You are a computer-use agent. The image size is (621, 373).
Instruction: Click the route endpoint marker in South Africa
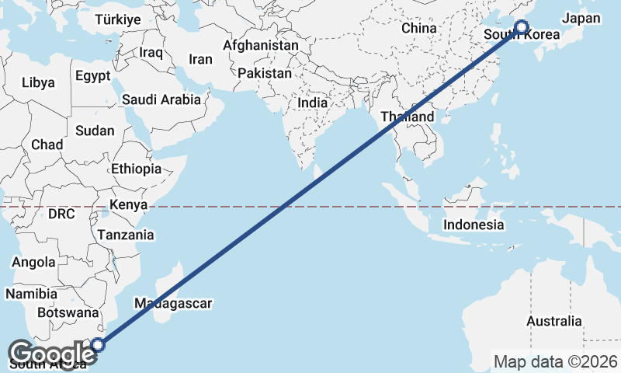98,345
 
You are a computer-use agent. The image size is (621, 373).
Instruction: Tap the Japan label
582,18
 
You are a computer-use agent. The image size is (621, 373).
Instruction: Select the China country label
420,28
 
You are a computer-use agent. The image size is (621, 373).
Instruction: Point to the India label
313,103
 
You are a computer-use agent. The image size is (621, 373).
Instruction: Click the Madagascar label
173,303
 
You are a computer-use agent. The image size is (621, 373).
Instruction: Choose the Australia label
553,321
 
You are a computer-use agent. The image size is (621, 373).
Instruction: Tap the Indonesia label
474,225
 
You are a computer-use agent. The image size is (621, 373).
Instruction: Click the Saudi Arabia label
161,99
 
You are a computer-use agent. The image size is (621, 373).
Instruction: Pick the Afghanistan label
260,46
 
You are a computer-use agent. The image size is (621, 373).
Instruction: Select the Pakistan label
265,73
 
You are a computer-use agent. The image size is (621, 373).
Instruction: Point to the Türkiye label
117,20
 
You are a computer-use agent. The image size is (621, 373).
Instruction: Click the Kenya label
129,205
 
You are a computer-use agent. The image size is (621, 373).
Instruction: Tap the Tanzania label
126,235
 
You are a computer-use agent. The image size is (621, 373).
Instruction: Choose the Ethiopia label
136,169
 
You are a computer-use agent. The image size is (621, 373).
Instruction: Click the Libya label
39,82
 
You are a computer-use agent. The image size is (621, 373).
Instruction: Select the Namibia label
31,294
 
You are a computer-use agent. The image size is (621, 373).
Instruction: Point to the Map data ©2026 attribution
556,361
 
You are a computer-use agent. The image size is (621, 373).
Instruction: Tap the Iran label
200,59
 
